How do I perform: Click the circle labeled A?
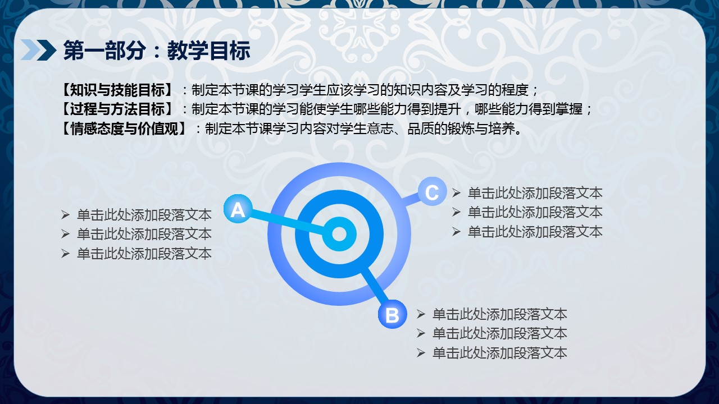238,209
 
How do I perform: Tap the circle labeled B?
392,314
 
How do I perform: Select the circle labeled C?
432,191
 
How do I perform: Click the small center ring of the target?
339,234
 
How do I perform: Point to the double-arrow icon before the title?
39,50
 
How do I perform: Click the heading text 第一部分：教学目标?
157,50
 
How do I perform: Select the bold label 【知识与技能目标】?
117,90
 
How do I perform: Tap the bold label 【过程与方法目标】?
117,109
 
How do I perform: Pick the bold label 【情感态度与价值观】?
124,129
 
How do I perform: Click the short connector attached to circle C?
411,199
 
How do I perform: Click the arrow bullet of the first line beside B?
421,314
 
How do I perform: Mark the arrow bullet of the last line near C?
456,232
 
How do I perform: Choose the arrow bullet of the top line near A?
65,215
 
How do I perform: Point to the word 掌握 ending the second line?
569,109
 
